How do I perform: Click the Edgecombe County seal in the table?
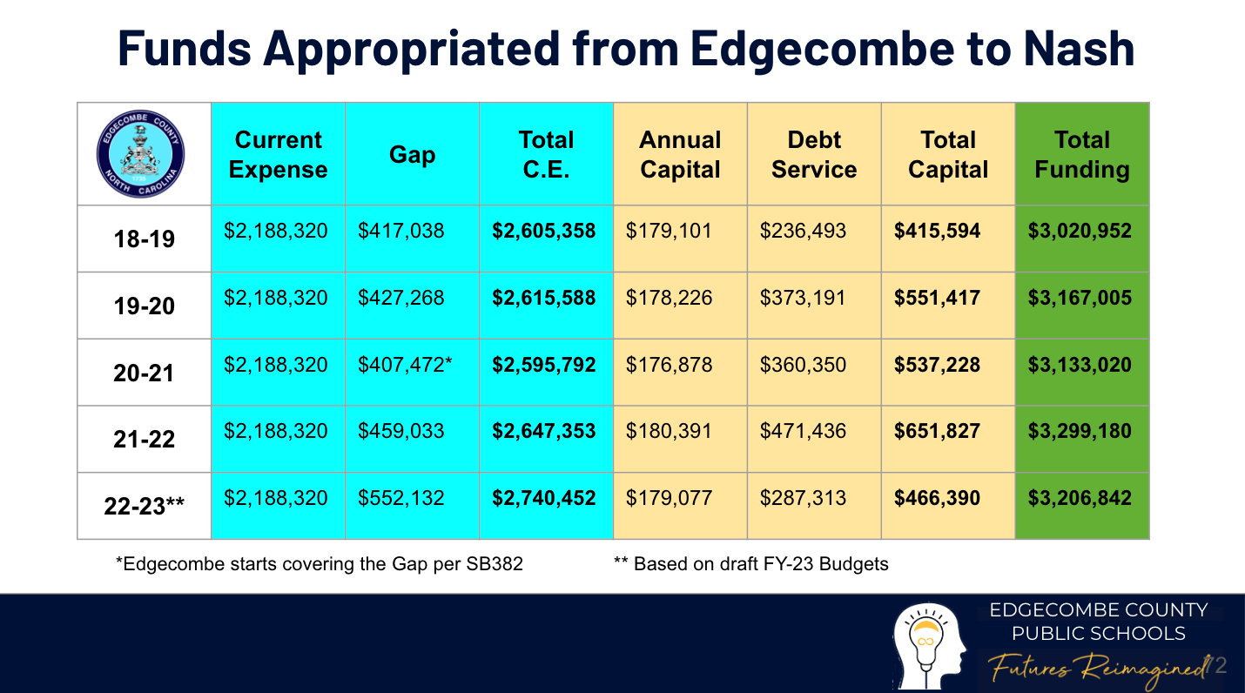(x=141, y=154)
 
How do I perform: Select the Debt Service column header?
(x=814, y=155)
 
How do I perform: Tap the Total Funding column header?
(x=1082, y=155)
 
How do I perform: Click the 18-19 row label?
(x=144, y=239)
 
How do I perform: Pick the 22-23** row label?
(x=144, y=506)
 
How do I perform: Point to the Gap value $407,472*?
(x=405, y=365)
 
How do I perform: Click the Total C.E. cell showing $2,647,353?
(x=544, y=432)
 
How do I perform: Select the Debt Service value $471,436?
(x=803, y=432)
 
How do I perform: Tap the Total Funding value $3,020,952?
(x=1080, y=232)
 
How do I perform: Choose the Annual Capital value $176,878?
(x=669, y=365)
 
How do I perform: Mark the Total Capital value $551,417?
(x=937, y=298)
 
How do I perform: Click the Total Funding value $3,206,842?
(x=1080, y=499)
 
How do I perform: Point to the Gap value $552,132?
(x=400, y=499)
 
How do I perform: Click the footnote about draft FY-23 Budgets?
(x=750, y=564)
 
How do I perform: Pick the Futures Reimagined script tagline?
(x=1099, y=669)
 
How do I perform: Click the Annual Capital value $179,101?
(x=669, y=232)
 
